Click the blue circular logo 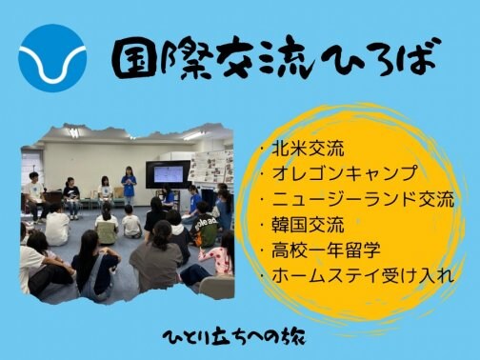point(51,57)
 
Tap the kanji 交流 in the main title point(250,59)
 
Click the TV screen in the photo point(168,174)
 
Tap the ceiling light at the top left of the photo point(72,132)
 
